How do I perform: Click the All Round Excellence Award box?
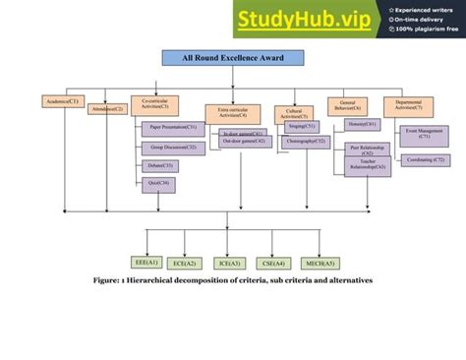pos(233,59)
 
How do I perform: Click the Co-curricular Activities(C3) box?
pos(154,105)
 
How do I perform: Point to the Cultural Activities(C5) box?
pos(292,112)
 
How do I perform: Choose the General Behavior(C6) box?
pos(347,105)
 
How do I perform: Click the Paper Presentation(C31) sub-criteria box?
pos(173,128)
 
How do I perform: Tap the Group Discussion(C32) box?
pos(173,148)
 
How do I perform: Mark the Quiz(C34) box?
pos(158,184)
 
